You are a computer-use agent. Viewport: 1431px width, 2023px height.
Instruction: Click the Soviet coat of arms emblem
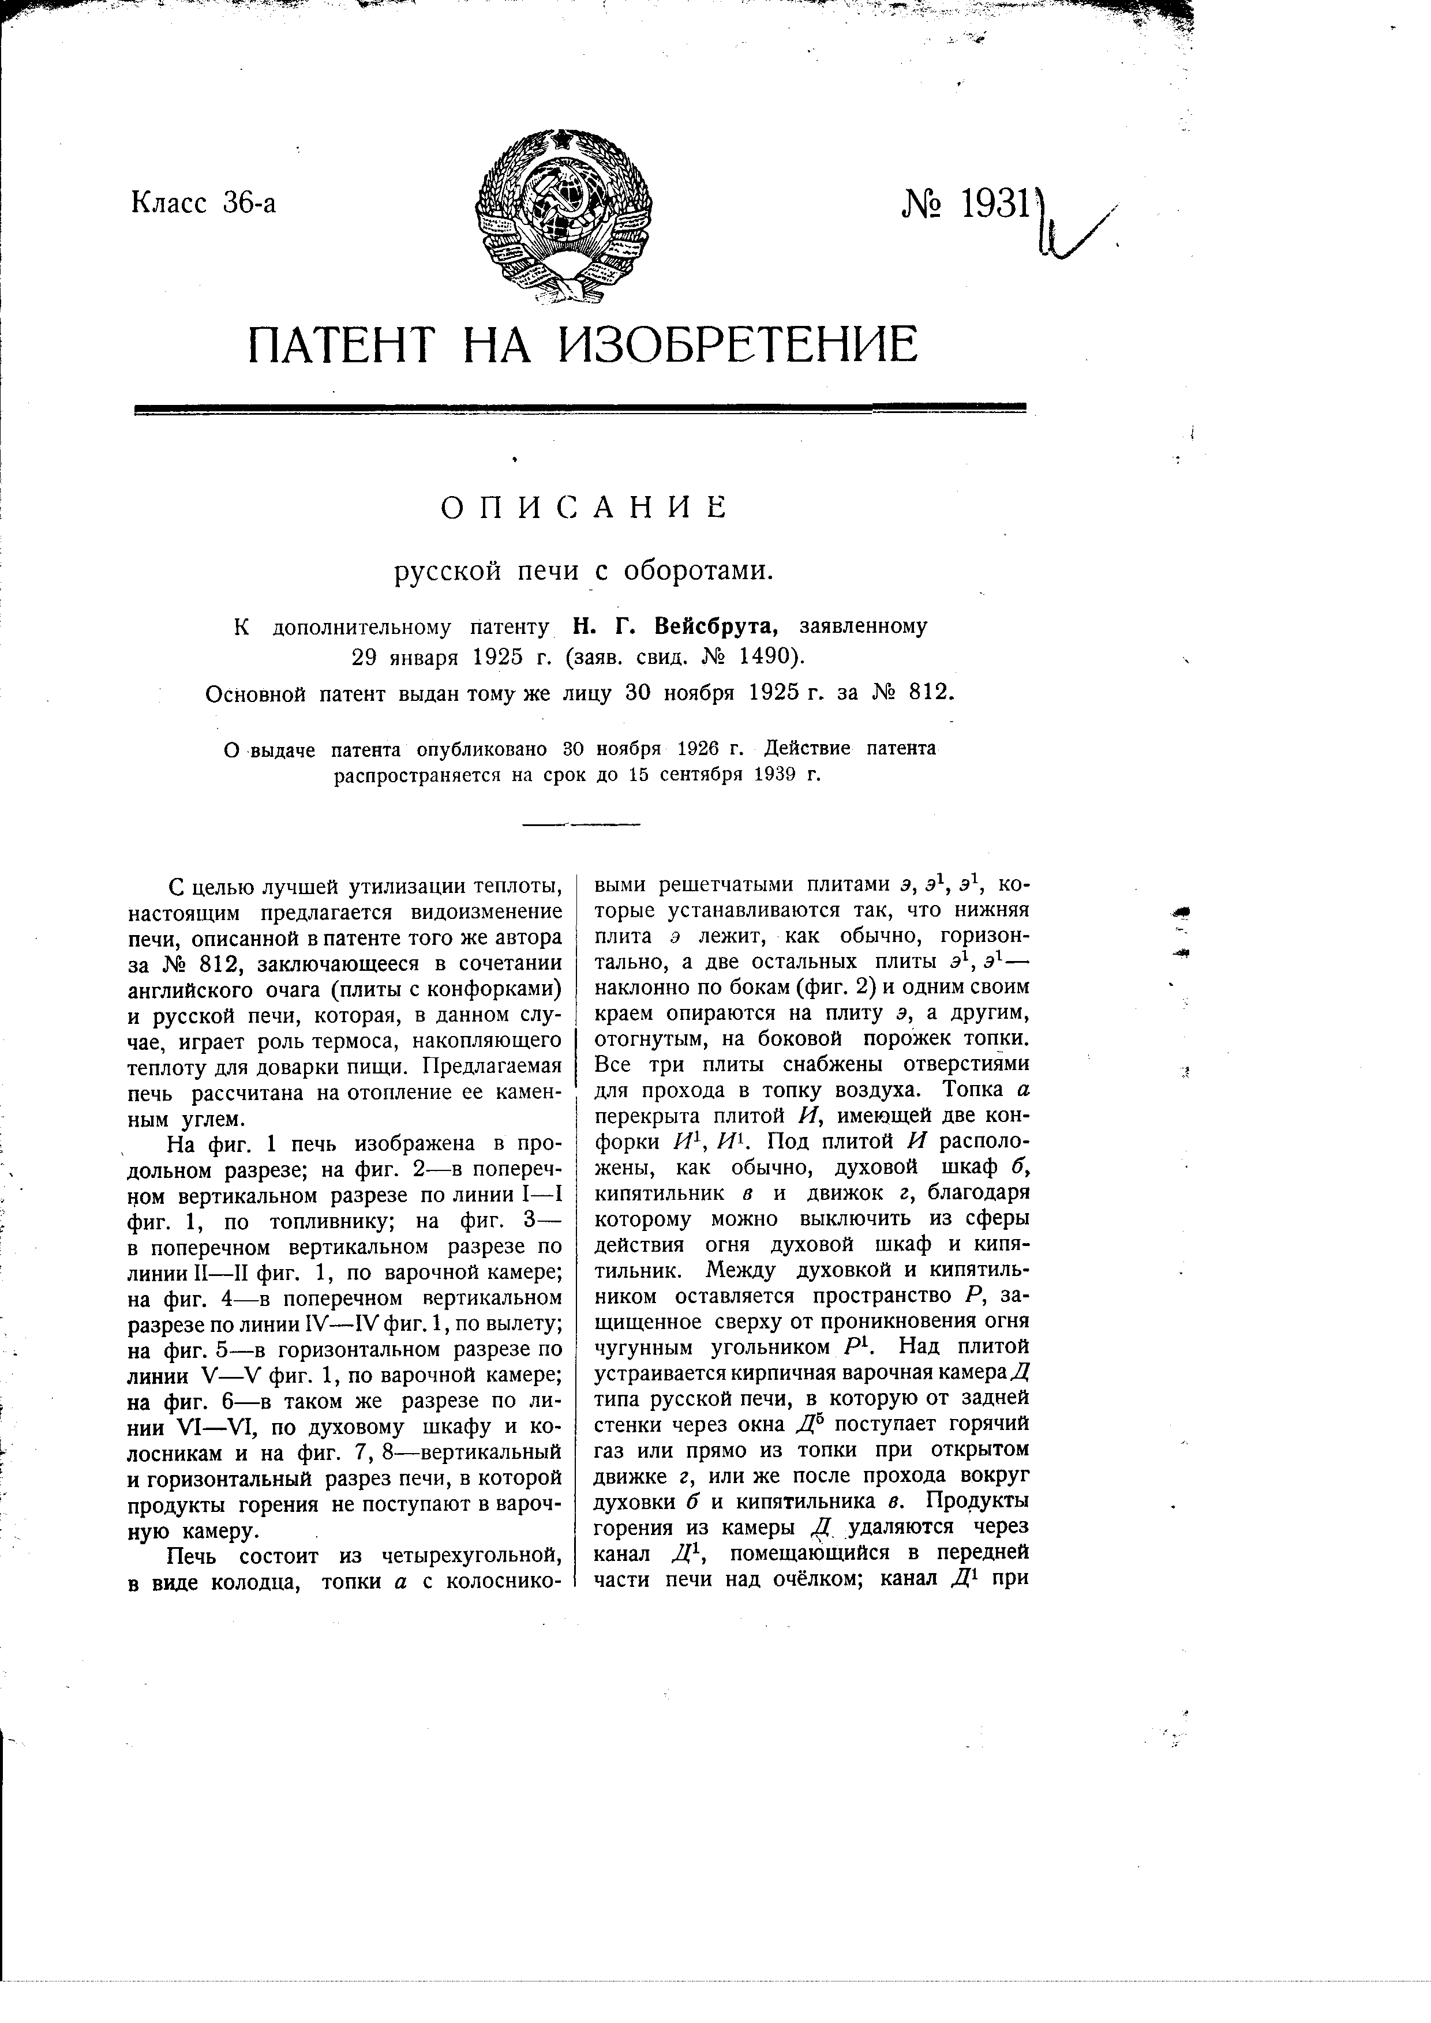tap(564, 216)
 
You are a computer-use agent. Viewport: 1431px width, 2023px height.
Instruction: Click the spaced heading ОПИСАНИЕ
tap(583, 509)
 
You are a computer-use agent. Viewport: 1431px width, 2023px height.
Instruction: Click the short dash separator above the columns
tap(582, 825)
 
